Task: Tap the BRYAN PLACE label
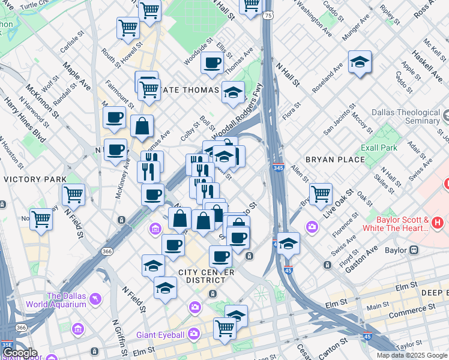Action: click(x=335, y=160)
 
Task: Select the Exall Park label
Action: click(x=379, y=148)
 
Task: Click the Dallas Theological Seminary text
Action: click(x=406, y=116)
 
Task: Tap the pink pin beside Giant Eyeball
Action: click(x=194, y=333)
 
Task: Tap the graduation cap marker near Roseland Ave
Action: click(x=360, y=62)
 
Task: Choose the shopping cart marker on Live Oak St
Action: click(x=321, y=194)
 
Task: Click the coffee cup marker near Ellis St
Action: click(x=211, y=63)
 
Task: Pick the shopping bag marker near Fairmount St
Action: click(x=142, y=126)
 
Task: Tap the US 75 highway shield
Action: click(x=267, y=14)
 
